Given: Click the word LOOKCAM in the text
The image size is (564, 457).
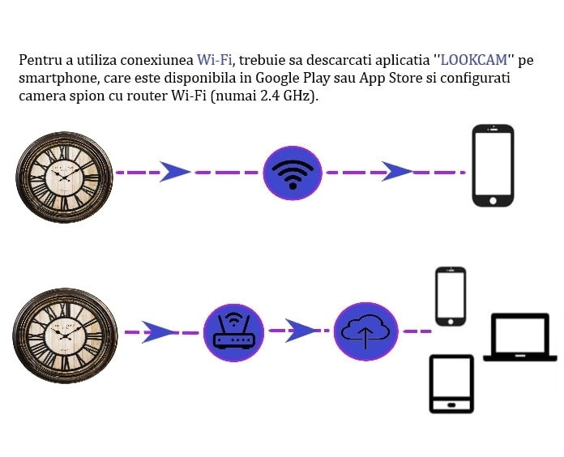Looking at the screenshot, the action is coord(474,60).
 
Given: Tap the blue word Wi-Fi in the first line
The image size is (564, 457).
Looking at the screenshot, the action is coord(214,60).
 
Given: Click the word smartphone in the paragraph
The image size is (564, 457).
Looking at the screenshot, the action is coord(58,79).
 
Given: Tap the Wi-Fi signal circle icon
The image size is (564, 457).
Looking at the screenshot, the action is coord(293,173).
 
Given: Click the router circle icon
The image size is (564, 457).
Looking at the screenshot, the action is coord(234,332).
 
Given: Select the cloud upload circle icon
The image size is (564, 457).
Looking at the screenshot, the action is coord(365,331).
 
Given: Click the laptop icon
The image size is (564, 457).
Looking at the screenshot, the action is coord(519,337).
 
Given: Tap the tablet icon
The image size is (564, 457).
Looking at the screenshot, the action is coord(451,384).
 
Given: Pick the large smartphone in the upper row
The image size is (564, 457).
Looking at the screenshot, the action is coord(493,165).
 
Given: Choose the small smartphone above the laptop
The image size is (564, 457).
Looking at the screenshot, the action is coord(451,297).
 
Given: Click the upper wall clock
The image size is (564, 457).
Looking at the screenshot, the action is coord(64,177).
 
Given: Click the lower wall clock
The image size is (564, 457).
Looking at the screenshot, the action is coord(65,335).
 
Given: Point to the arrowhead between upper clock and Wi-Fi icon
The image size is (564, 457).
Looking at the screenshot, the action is coord(173,172).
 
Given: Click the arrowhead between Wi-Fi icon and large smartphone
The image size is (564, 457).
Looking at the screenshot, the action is coord(396,172).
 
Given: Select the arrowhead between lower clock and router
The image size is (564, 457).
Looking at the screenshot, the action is coord(158,332).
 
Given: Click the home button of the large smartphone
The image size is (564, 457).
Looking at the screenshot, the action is coord(493,200).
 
